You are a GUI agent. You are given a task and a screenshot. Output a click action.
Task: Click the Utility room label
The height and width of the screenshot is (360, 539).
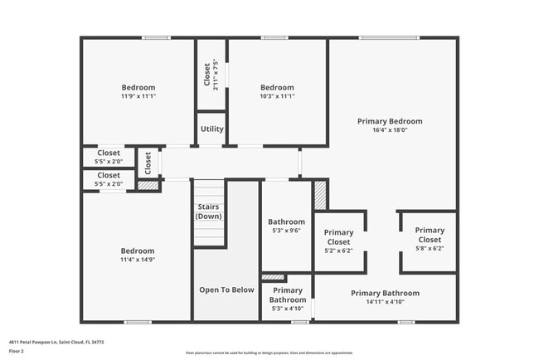click(x=211, y=129)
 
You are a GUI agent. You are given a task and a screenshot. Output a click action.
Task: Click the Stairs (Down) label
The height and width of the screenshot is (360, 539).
click(x=208, y=212)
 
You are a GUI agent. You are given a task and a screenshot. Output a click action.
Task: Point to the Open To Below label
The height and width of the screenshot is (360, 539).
click(x=226, y=289)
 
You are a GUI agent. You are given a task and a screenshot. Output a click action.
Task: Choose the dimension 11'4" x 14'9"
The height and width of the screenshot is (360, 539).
click(x=137, y=260)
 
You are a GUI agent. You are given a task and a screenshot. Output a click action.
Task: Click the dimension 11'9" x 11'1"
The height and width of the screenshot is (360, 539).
click(x=138, y=96)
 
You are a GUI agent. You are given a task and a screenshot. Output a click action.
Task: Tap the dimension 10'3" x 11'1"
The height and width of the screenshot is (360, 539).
click(x=277, y=96)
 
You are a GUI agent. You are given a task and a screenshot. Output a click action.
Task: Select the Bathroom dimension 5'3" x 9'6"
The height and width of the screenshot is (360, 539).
click(x=286, y=231)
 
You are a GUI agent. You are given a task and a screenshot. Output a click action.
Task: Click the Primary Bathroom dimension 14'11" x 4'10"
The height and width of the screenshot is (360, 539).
click(x=385, y=302)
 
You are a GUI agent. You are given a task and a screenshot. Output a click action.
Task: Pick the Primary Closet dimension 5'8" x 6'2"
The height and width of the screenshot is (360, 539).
click(x=429, y=248)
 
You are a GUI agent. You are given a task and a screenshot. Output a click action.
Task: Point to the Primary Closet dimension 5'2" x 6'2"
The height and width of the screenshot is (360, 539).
click(x=337, y=250)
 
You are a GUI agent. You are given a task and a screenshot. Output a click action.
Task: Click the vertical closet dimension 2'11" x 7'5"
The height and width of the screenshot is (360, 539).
click(x=216, y=74)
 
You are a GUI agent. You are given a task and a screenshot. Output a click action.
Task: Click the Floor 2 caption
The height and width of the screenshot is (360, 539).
click(x=17, y=351)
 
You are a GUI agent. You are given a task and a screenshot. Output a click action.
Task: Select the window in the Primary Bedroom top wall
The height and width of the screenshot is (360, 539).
click(x=388, y=37)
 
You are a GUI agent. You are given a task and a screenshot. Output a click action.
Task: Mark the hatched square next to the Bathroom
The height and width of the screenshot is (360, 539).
click(x=320, y=195)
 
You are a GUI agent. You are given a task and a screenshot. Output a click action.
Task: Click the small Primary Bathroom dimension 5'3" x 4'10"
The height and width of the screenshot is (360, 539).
click(x=287, y=309)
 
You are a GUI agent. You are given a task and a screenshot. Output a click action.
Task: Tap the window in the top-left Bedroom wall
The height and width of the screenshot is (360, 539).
click(x=155, y=37)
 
